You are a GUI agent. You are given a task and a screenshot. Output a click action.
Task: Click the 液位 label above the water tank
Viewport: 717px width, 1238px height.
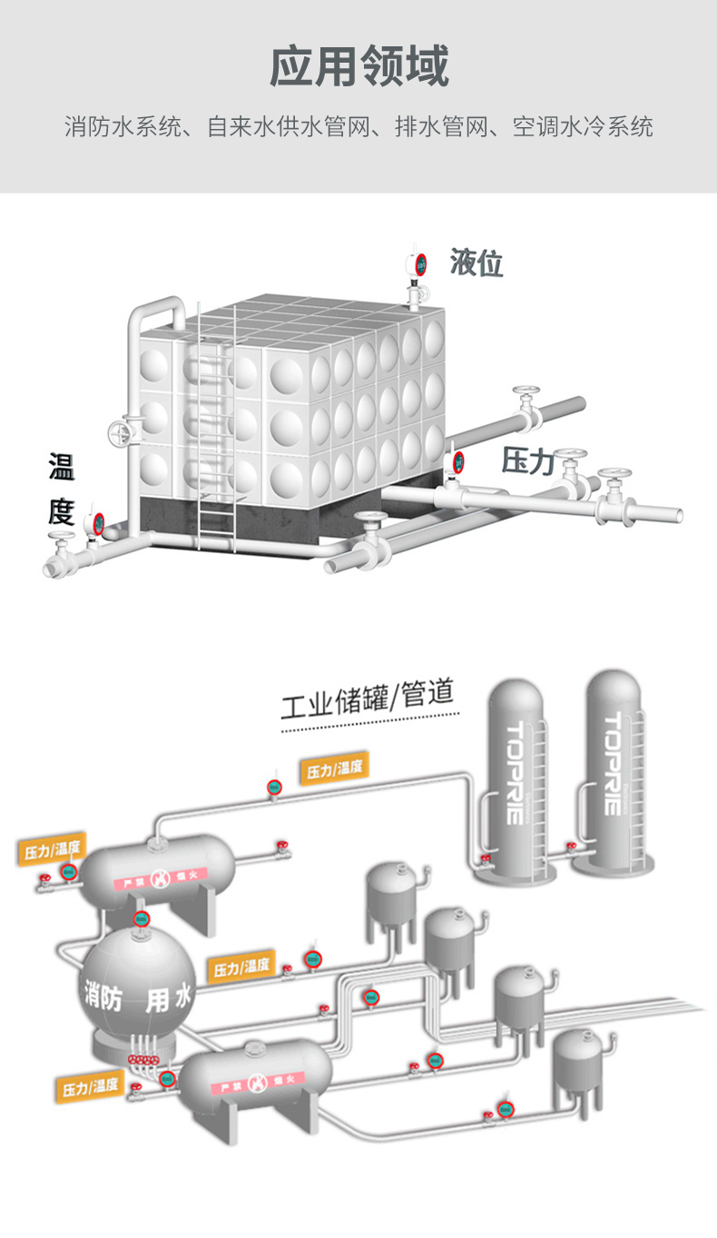[x=476, y=263]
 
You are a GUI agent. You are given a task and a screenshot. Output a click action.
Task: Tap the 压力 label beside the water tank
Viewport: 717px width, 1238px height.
[x=528, y=461]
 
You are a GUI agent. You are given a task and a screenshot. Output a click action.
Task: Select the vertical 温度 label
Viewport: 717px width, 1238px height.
[x=62, y=490]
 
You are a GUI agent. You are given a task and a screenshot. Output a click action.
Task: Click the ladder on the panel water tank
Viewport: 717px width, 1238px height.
[x=215, y=427]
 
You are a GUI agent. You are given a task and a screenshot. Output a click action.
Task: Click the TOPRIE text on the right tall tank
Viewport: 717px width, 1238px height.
[x=613, y=763]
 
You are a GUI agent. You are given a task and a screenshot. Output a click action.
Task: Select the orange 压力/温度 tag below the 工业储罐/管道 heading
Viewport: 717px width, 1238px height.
[x=335, y=769]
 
